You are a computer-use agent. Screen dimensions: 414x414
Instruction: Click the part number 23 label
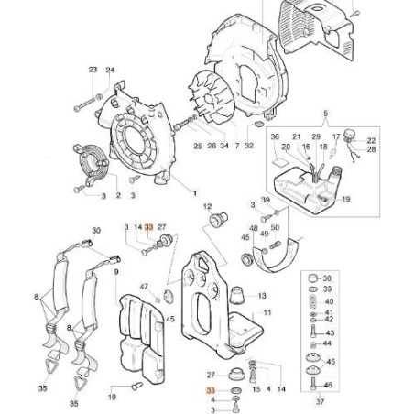[x=93, y=70]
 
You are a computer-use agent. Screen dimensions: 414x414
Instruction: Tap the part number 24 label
[x=110, y=70]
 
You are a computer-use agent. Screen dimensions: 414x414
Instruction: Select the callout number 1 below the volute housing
[x=193, y=193]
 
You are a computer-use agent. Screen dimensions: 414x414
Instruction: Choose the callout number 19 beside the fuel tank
[x=345, y=199]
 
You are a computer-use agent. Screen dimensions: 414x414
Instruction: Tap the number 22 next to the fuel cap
[x=371, y=140]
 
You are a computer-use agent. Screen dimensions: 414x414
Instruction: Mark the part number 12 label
[x=208, y=207]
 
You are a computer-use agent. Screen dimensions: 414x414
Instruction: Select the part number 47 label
[x=145, y=288]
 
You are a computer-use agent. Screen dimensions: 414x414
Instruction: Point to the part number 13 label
[x=262, y=296]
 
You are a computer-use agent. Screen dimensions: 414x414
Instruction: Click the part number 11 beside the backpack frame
[x=268, y=313]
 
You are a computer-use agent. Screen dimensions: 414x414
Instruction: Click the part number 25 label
[x=197, y=146]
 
